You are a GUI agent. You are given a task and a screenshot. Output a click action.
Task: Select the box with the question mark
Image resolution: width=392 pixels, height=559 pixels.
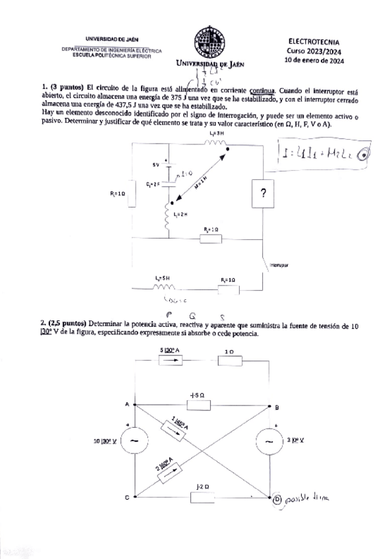point(263,194)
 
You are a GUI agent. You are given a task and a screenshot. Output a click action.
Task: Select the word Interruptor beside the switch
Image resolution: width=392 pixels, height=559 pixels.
point(279,266)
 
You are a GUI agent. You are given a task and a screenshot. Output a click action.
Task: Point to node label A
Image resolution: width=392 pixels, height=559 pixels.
point(126,404)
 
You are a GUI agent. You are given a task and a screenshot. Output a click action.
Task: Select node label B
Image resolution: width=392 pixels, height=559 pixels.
point(277,406)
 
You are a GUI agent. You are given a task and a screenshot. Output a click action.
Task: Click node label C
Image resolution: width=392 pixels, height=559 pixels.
point(126,498)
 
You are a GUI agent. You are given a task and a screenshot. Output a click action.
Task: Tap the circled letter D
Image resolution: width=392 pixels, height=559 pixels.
point(277,500)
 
